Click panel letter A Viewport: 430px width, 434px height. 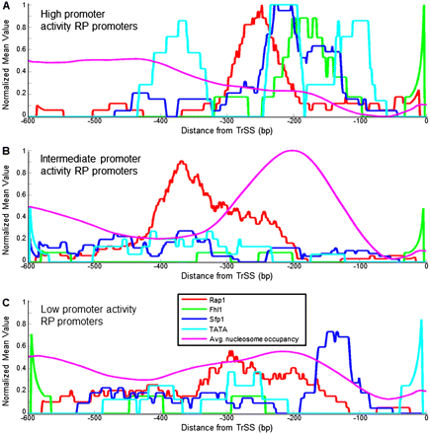(x=6, y=7)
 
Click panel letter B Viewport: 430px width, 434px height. (x=6, y=151)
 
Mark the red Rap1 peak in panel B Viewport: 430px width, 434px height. (x=182, y=162)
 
